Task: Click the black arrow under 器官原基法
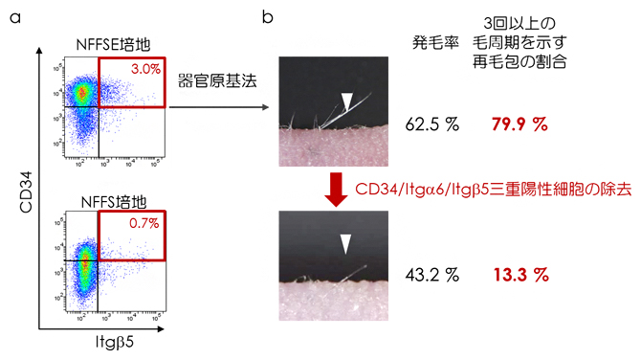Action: [221, 108]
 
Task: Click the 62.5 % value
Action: [432, 124]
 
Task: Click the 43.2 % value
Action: [432, 275]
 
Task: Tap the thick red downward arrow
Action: [336, 189]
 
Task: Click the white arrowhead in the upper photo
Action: [346, 100]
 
